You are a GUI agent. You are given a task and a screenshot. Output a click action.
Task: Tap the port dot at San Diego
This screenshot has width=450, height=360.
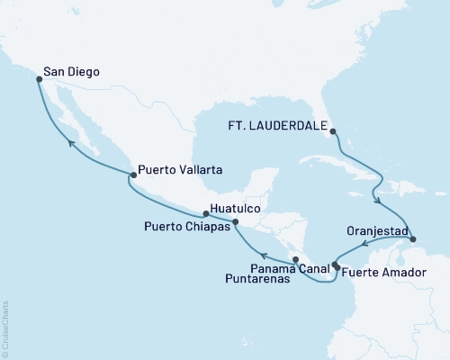[x=39, y=79]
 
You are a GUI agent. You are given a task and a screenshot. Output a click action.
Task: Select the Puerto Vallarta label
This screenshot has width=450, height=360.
[x=181, y=167]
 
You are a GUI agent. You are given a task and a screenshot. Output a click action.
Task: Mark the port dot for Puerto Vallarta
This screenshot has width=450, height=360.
[x=131, y=175]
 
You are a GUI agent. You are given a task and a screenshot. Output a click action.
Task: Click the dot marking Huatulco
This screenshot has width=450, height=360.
[x=206, y=214]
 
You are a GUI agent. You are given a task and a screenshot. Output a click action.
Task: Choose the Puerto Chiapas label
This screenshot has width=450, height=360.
[x=184, y=227]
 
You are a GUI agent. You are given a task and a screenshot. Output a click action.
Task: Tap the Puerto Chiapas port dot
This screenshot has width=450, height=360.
[x=235, y=221]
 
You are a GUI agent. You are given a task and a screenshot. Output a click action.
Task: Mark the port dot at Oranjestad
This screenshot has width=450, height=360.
[x=412, y=238]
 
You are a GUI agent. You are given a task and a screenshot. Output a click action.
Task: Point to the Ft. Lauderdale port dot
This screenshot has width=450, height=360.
[x=333, y=131]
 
